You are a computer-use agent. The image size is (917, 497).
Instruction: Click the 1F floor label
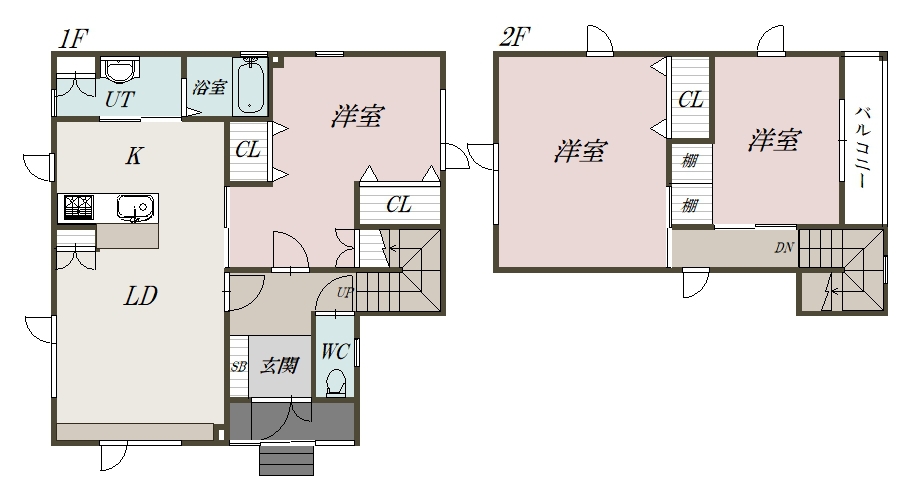[73, 40]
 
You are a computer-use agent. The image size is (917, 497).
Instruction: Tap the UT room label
[120, 100]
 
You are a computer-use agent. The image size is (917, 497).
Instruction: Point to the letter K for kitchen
[133, 156]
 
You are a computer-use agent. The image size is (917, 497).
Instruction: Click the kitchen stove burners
[78, 207]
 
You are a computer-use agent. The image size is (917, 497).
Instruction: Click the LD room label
[140, 296]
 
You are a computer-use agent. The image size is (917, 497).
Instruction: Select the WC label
[334, 351]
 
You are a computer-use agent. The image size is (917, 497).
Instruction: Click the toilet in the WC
[336, 381]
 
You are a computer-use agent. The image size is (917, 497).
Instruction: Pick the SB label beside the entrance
[239, 367]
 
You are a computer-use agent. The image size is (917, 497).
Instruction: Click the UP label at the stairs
[343, 293]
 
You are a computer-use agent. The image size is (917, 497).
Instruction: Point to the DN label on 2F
[784, 248]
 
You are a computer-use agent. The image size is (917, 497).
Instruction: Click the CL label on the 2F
[690, 100]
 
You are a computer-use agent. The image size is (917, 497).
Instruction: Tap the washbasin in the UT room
[120, 72]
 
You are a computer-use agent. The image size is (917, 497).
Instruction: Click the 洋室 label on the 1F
[356, 117]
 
